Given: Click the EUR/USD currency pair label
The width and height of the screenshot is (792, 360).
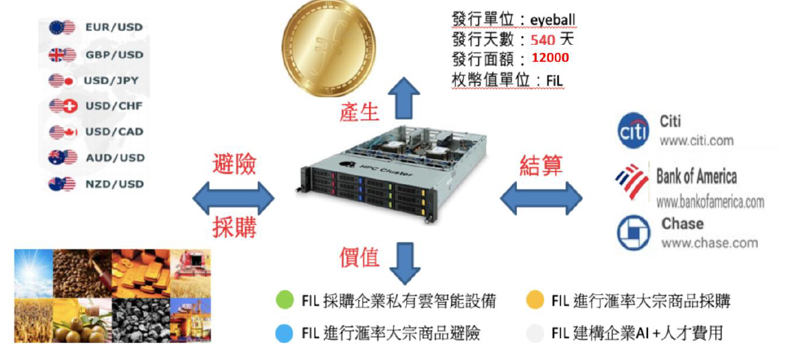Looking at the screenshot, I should tap(113, 27).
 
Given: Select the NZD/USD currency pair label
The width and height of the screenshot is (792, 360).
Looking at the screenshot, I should tap(113, 184).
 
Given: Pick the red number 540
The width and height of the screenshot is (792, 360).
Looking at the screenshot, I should tap(543, 39).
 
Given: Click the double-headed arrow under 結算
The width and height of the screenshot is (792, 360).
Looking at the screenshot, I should tap(541, 200).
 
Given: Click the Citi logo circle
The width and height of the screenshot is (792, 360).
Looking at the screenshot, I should tap(634, 132).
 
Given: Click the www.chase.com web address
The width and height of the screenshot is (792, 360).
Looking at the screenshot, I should tap(709, 242).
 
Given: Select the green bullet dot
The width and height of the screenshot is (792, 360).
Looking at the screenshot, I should tap(285, 300).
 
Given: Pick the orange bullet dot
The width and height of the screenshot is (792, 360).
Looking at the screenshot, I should tap(535, 300).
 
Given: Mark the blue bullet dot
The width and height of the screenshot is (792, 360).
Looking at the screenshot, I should tap(285, 333).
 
